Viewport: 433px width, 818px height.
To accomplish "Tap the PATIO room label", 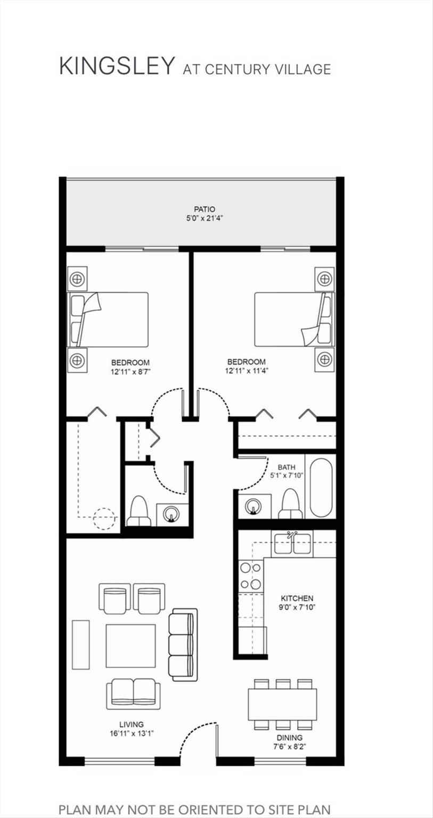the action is pyautogui.click(x=205, y=209).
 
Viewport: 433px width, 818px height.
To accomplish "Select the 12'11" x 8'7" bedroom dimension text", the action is pyautogui.click(x=130, y=372).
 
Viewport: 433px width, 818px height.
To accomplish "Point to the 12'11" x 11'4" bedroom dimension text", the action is pyautogui.click(x=247, y=371).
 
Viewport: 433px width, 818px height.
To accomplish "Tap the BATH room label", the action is pyautogui.click(x=287, y=467).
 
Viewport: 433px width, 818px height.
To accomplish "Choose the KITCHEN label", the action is pyautogui.click(x=297, y=598).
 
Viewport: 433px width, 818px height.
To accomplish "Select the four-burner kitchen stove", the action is pyautogui.click(x=251, y=577).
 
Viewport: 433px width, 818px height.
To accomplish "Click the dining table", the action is pyautogui.click(x=282, y=704).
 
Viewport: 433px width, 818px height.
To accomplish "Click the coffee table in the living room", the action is pyautogui.click(x=130, y=645).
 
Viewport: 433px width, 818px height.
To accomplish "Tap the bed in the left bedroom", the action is pyautogui.click(x=109, y=320).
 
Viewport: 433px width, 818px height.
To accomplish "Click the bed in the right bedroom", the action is pyautogui.click(x=295, y=319).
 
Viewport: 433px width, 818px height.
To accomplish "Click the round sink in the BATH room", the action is pyautogui.click(x=252, y=506).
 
